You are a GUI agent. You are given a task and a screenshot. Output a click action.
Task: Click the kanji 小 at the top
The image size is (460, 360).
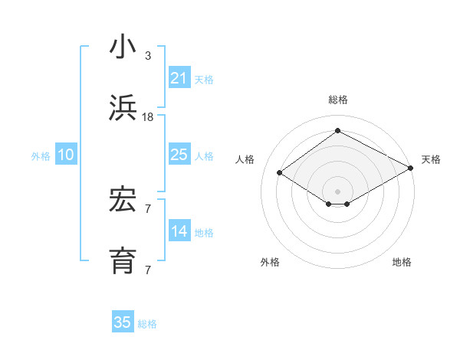(123, 47)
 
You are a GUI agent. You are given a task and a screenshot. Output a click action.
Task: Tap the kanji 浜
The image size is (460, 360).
(123, 108)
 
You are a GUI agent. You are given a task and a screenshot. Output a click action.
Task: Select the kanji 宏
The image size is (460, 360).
(123, 201)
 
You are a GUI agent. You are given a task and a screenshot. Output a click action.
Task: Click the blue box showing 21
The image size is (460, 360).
(179, 78)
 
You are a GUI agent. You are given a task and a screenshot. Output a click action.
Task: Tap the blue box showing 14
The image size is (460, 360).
(179, 231)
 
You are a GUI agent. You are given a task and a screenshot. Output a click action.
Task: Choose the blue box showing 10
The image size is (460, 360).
(66, 155)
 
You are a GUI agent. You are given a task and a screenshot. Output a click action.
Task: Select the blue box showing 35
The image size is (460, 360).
(123, 322)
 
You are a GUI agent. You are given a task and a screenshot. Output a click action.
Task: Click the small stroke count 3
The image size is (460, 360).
(148, 56)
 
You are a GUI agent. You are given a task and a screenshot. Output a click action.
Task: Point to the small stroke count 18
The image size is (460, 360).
(148, 116)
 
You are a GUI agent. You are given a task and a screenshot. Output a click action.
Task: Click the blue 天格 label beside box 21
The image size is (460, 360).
(204, 79)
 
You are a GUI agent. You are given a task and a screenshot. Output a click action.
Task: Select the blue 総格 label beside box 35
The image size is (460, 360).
(147, 323)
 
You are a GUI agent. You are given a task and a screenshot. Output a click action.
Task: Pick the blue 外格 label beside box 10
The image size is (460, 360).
(41, 156)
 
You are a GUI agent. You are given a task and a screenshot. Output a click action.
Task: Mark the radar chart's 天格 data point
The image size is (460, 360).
(411, 169)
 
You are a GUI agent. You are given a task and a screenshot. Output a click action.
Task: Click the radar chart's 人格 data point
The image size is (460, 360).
(280, 173)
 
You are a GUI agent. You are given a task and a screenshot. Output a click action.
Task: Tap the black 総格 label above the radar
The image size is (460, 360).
(338, 100)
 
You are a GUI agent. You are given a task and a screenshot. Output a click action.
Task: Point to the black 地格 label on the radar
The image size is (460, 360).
(402, 262)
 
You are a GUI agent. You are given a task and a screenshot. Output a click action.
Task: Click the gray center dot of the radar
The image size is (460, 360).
(338, 190)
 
